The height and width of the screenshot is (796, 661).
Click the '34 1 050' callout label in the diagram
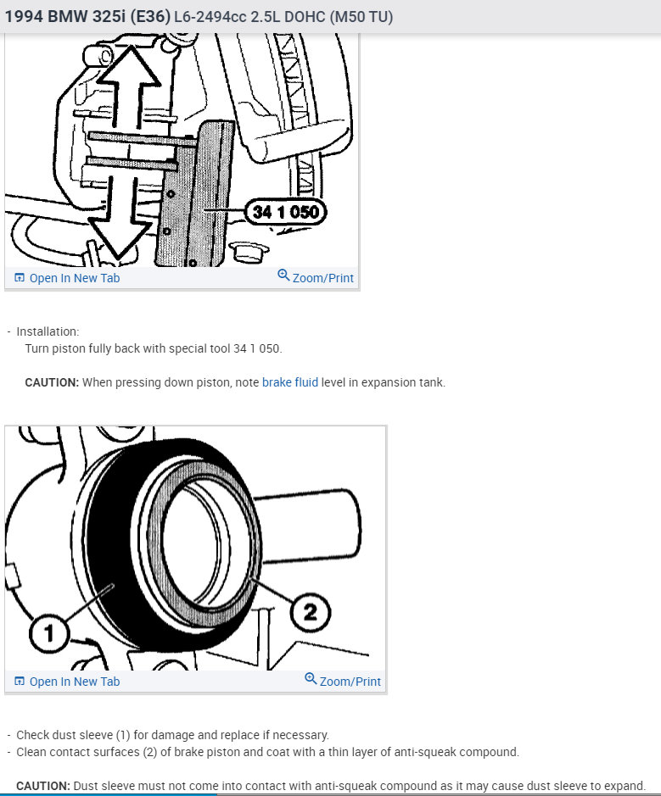[286, 211]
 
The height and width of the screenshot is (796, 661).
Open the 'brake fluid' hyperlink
[289, 382]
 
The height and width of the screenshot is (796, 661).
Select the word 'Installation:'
[48, 331]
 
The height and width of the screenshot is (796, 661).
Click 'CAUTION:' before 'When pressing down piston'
[52, 382]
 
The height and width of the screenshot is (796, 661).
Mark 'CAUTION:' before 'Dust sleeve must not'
[43, 786]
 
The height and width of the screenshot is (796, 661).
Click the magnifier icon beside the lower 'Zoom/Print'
[311, 680]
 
